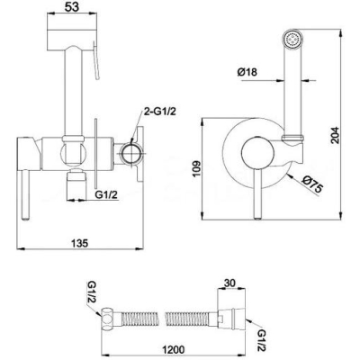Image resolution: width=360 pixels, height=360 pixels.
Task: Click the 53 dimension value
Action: pyautogui.click(x=72, y=6)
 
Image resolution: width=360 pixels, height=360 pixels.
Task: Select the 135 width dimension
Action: pyautogui.click(x=79, y=242)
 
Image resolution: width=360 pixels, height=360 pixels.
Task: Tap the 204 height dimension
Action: pyautogui.click(x=335, y=135)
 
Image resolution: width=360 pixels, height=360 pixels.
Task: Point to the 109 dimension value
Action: pyautogui.click(x=195, y=169)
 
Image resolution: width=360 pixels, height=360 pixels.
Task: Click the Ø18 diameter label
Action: pyautogui.click(x=247, y=72)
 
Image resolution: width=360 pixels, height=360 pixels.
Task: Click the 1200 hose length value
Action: pyautogui.click(x=173, y=349)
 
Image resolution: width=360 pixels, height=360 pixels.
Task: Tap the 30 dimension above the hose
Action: pyautogui.click(x=229, y=283)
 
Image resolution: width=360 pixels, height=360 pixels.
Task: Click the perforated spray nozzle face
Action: pyautogui.click(x=293, y=39)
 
